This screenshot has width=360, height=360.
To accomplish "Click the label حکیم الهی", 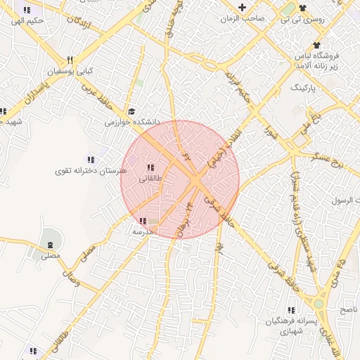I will click(x=27, y=21).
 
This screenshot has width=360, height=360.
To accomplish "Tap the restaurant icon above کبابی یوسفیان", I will click(x=69, y=60).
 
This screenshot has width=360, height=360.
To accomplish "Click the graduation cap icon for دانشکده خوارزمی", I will click(x=131, y=111).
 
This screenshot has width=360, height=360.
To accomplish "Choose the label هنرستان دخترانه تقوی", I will click(x=93, y=171).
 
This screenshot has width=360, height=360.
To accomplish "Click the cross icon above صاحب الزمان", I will click(x=242, y=7).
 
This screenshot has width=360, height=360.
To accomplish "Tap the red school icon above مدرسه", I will click(x=143, y=220).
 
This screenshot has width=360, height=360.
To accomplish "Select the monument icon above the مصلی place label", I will click(x=49, y=245).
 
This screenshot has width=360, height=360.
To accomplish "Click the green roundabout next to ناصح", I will click(x=319, y=304).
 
